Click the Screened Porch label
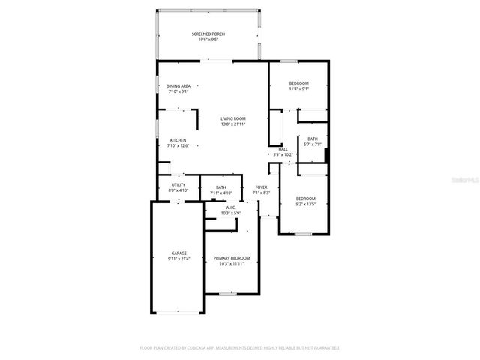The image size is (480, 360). click(208, 34)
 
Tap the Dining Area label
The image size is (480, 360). click(178, 86)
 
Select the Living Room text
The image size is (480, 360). click(232, 118)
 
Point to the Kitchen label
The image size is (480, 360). click(178, 140)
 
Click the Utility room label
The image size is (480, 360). click(178, 184)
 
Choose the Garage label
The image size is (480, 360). click(178, 253)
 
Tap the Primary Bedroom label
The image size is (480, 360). click(231, 258)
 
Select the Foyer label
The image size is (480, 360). click(261, 187)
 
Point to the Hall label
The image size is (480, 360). click(283, 149)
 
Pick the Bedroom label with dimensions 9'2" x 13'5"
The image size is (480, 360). click(305, 199)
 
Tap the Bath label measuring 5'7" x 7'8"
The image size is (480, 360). click(312, 139)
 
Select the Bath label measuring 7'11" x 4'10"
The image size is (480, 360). click(221, 187)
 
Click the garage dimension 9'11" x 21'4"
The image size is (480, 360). click(178, 259)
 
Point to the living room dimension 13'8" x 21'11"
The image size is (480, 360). click(232, 124)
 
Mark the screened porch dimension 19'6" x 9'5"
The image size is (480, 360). click(208, 39)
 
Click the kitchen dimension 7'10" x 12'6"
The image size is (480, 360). click(178, 145)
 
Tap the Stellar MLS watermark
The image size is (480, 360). click(460, 180)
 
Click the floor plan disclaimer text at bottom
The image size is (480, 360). click(240, 348)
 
